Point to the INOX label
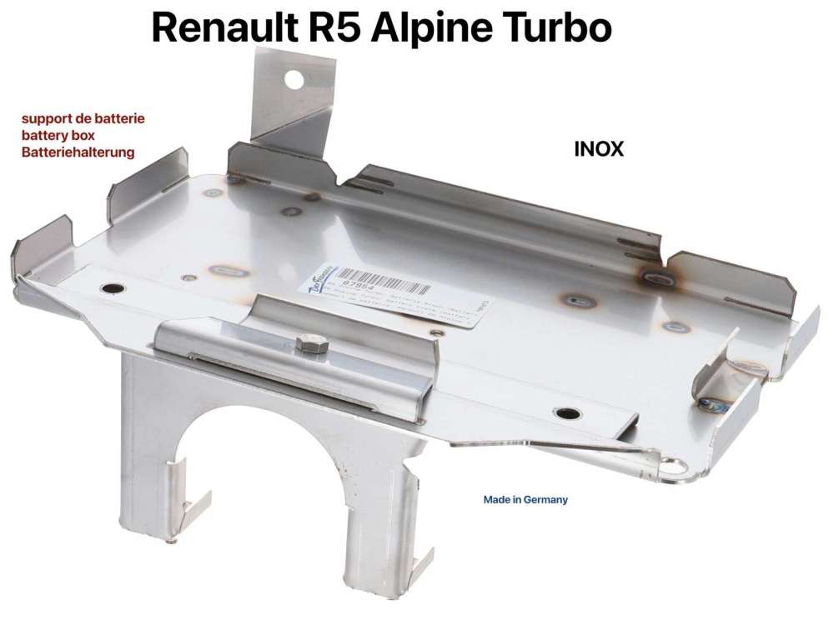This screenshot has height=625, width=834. coord(599,150)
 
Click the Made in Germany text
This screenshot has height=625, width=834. coord(525,500)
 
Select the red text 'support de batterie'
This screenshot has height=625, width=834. coord(83,118)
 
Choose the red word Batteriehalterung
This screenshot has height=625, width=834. coord(78,152)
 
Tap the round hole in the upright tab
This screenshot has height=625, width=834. coord(294,79)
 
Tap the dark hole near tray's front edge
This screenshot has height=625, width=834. coord(568,413)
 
